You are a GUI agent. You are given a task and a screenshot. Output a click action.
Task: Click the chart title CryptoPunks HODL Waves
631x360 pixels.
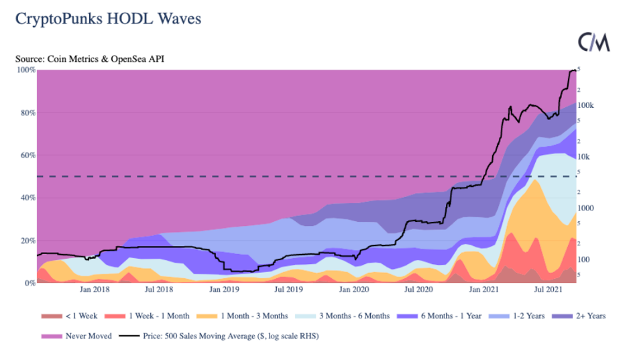point(109,19)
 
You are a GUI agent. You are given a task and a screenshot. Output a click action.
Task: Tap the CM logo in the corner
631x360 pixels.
point(594,42)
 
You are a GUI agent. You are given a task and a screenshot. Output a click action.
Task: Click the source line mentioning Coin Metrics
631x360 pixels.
point(90,59)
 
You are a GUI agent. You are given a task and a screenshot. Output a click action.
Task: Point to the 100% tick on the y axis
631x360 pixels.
point(26,70)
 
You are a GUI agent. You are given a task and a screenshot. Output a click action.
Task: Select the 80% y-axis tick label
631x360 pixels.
point(27,113)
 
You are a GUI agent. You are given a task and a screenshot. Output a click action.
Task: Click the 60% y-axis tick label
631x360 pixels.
point(27,155)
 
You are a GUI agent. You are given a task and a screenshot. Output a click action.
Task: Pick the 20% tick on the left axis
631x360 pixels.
point(27,241)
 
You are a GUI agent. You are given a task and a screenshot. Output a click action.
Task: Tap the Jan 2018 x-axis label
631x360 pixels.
point(95,290)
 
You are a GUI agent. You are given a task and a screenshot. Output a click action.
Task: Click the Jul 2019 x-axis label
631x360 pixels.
point(288,290)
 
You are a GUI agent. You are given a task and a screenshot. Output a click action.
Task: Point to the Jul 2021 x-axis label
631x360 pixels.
point(547,290)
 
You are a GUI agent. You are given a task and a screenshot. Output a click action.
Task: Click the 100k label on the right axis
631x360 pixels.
point(585,105)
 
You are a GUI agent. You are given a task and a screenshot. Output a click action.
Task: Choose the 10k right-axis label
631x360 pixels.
point(583,157)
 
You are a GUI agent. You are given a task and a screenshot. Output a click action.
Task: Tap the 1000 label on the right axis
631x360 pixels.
point(585,208)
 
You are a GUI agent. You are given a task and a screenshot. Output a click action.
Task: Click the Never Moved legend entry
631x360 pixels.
point(82,336)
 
